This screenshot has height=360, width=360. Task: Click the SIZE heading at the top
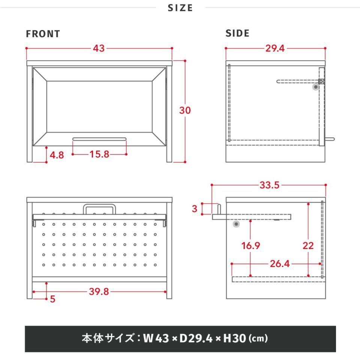(180, 8)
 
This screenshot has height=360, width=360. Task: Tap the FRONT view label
(43, 34)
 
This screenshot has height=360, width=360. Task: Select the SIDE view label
(237, 33)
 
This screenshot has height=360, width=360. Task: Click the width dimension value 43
(99, 48)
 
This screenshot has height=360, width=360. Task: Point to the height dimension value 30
(185, 110)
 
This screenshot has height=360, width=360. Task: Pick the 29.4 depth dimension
(275, 48)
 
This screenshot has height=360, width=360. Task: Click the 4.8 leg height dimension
(57, 155)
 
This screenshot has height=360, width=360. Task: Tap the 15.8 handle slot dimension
(99, 154)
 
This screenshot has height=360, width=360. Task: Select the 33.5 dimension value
(270, 185)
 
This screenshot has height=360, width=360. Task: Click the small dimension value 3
(195, 209)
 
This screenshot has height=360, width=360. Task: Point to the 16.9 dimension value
(251, 246)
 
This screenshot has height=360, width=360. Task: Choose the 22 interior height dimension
(308, 246)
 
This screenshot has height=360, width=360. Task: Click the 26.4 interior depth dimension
(280, 264)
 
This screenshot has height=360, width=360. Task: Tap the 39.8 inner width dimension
(99, 292)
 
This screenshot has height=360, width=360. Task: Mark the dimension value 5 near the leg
(52, 299)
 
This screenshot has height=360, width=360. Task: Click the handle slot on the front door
(99, 139)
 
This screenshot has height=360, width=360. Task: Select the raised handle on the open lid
(99, 205)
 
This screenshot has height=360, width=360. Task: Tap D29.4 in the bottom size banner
(196, 338)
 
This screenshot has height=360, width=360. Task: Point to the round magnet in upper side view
(316, 87)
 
